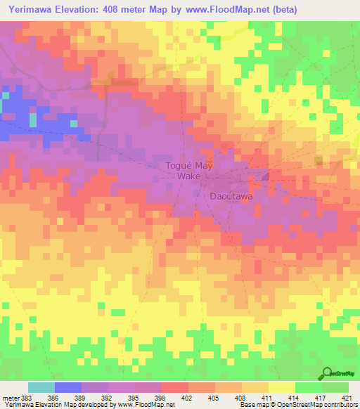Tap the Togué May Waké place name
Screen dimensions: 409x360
pos(188,171)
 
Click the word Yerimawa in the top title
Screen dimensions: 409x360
pos(31,10)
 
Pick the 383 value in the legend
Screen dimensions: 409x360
pos(28,398)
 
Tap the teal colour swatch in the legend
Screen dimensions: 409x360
pos(41,387)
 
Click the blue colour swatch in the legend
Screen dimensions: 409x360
pos(67,387)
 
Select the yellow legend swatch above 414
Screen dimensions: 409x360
pos(281,387)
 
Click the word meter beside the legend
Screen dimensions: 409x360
pos(11,398)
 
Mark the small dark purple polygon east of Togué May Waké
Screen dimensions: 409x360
pos(266,176)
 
